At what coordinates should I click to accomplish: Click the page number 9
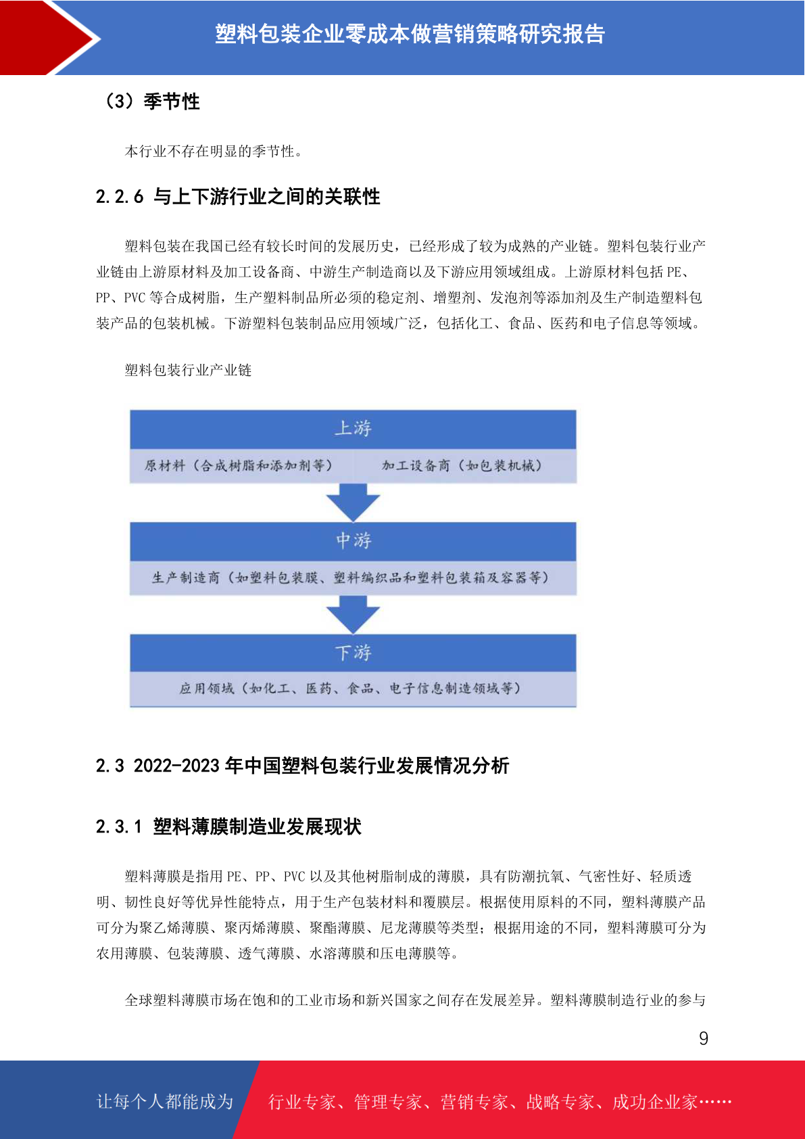pyautogui.click(x=704, y=1038)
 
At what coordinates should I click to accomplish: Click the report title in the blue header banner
pyautogui.click(x=410, y=34)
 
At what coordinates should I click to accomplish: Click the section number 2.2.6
pyautogui.click(x=120, y=196)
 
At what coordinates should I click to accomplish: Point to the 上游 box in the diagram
pyautogui.click(x=353, y=429)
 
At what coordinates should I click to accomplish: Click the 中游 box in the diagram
pyautogui.click(x=353, y=542)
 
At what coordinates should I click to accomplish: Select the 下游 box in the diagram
pyautogui.click(x=353, y=653)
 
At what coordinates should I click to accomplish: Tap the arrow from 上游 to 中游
pyautogui.click(x=353, y=502)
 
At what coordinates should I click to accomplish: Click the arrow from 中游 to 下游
pyautogui.click(x=353, y=614)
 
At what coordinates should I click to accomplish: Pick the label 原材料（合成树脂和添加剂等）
pyautogui.click(x=239, y=465)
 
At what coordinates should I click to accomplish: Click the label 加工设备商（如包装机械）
pyautogui.click(x=462, y=465)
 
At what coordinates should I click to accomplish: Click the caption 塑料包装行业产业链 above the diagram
pyautogui.click(x=188, y=370)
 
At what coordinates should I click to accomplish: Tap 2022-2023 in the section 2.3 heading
pyautogui.click(x=176, y=765)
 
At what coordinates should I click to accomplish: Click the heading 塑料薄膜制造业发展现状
pyautogui.click(x=257, y=827)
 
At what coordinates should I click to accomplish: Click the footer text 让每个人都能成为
pyautogui.click(x=165, y=1101)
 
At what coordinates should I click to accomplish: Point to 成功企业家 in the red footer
pyautogui.click(x=654, y=1102)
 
